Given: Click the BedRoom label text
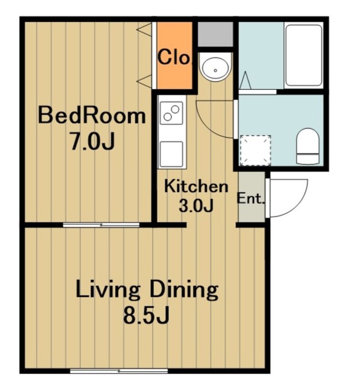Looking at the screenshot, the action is coord(92,116).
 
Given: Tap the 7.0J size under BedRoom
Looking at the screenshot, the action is coord(92,142).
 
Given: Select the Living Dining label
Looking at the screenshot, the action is coord(147,290).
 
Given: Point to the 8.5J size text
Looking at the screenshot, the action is coord(146,315).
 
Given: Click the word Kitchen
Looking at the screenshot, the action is coord(196,186).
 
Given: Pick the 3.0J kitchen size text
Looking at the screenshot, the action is coord(196,206).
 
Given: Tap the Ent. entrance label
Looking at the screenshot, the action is coord(250,198).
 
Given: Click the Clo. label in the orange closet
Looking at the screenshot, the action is coord(174,57).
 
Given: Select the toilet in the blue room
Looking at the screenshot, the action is coord(308,146).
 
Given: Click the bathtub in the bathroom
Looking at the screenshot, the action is coord(304,55).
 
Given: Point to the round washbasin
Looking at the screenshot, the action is coord(215,68).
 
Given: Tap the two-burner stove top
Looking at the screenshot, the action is coord(171,113).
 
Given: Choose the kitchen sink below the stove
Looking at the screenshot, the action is coord(171,154).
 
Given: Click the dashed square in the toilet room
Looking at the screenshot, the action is coord(256,150).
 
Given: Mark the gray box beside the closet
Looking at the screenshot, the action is coord(215,34).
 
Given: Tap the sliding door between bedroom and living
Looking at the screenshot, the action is coord(101,225).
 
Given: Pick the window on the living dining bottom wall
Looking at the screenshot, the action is coord(119,370).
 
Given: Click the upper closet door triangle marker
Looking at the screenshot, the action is coord(145,30).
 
